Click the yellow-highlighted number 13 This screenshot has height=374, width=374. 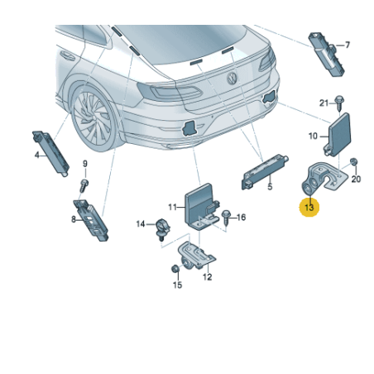(309, 209)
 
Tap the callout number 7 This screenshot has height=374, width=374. (348, 45)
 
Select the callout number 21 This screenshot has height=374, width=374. (324, 102)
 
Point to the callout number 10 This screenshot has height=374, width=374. (314, 134)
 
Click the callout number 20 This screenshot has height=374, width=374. (357, 179)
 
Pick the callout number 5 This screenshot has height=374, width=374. (269, 187)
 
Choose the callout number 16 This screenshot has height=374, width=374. (242, 218)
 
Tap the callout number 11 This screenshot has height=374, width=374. (173, 206)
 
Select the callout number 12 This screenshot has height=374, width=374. (207, 278)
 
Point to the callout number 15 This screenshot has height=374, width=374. (176, 285)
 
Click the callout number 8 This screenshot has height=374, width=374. (73, 219)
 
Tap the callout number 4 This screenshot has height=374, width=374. (37, 154)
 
